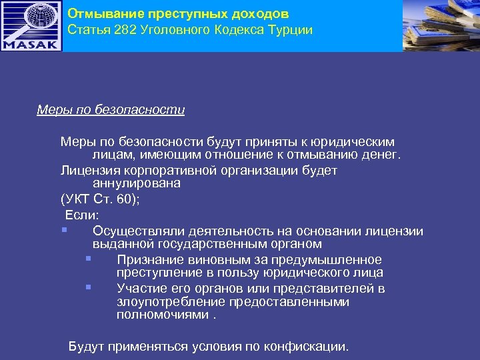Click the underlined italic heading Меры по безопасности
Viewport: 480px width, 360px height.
pyautogui.click(x=111, y=109)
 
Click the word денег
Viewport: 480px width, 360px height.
pyautogui.click(x=379, y=155)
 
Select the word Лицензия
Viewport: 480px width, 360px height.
pyautogui.click(x=88, y=170)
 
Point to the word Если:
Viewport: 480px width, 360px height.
pyautogui.click(x=82, y=215)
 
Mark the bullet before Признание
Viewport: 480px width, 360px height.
pyautogui.click(x=88, y=259)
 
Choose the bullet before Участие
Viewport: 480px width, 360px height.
pyautogui.click(x=88, y=288)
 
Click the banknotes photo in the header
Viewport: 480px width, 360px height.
pyautogui.click(x=441, y=25)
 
